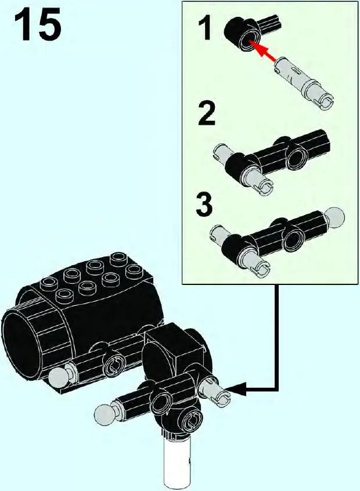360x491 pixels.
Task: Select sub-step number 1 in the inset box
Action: point(204,29)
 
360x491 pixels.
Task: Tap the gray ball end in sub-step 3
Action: point(335,218)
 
